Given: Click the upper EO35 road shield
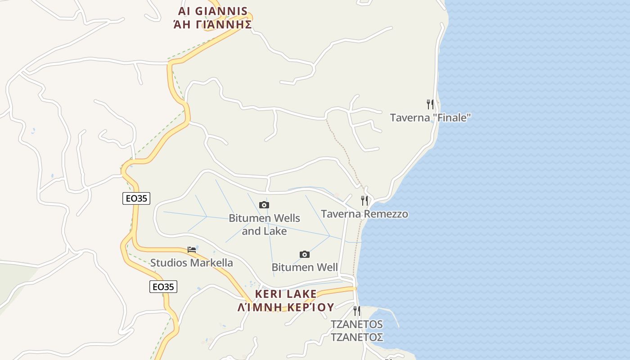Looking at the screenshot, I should tap(136, 198).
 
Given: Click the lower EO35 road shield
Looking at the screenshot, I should tap(163, 287).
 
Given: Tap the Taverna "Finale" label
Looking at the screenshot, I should tap(430, 118).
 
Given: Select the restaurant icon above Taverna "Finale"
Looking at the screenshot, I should tap(430, 104).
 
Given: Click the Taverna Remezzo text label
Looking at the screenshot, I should tap(364, 214).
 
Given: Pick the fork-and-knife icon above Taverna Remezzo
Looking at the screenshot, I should tap(364, 201).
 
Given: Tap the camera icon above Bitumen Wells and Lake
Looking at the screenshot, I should tap(264, 205).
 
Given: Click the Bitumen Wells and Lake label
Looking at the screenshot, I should tap(264, 225).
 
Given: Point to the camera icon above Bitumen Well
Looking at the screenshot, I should tap(305, 254).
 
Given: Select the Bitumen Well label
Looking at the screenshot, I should tap(305, 267).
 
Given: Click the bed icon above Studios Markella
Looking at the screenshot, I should tap(192, 249).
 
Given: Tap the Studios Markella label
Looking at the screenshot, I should tap(192, 263).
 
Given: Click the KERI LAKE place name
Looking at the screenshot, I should tap(286, 294).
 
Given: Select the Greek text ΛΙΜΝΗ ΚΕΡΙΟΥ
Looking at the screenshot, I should tap(286, 307).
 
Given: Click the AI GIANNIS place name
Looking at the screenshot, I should tap(213, 11).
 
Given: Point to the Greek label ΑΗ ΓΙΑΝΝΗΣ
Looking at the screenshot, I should tap(213, 24).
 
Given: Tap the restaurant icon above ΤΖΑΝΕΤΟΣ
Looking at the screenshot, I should tap(357, 310).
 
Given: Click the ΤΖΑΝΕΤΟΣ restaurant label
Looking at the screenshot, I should tap(357, 330).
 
